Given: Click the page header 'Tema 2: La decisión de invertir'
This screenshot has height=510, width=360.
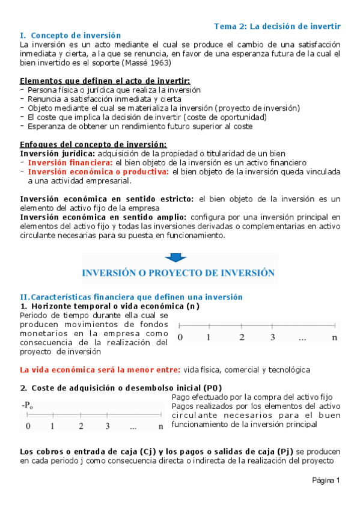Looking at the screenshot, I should tap(278, 26).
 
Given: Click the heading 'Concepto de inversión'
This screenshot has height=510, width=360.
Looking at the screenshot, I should tap(76, 35).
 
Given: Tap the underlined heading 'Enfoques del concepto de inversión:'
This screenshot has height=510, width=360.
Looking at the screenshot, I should tap(93, 144).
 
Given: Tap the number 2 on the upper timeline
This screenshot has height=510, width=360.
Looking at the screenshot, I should tap(242, 337).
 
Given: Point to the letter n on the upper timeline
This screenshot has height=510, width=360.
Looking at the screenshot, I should tap(335, 337).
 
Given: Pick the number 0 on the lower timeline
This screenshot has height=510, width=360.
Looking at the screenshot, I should tap(28, 426).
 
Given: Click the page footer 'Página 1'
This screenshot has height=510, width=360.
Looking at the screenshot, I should tap(326, 480).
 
